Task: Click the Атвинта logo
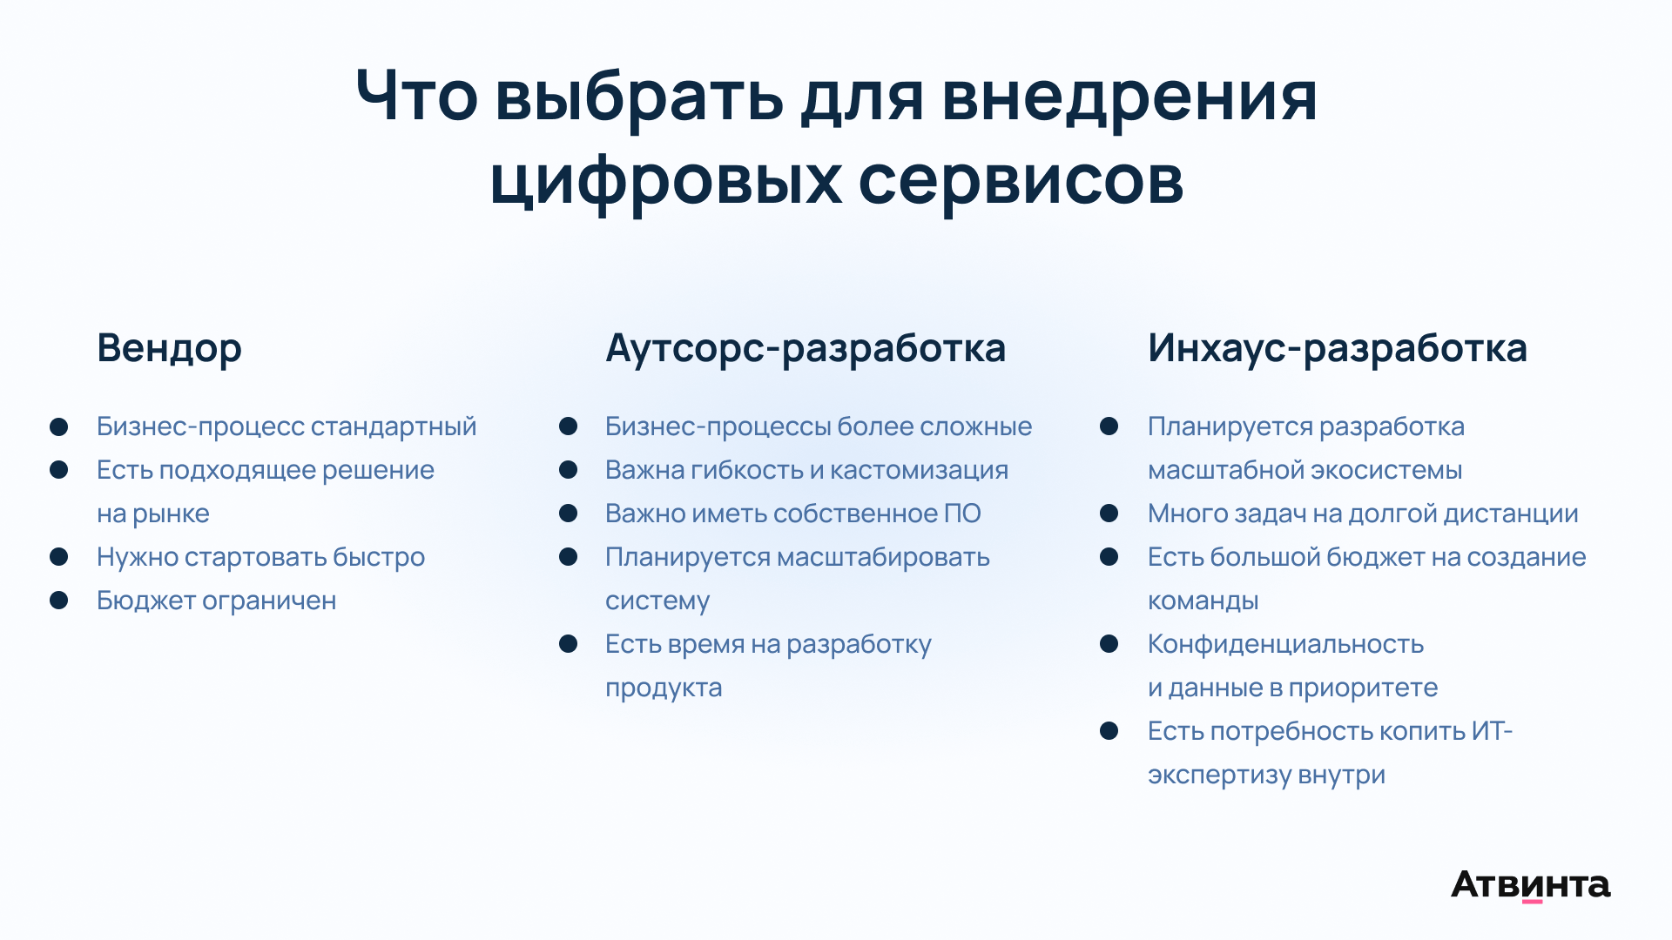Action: [x=1531, y=885]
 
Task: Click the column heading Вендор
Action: [x=169, y=348]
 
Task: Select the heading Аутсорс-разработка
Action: [x=806, y=348]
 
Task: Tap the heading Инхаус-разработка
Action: [x=1338, y=348]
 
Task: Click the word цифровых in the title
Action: [x=666, y=180]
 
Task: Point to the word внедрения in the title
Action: [x=1129, y=97]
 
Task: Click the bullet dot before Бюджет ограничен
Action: [x=59, y=600]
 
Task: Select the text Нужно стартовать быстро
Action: [x=260, y=557]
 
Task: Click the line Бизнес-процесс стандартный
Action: [x=287, y=426]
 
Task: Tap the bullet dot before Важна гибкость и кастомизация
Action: [x=569, y=469]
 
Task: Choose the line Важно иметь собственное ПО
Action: [x=793, y=514]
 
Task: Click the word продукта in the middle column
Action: [x=664, y=688]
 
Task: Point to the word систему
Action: [x=657, y=601]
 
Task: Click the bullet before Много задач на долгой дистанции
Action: [x=1109, y=513]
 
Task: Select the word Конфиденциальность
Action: [x=1285, y=644]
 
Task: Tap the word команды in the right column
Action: [x=1203, y=601]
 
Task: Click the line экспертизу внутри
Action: [x=1266, y=775]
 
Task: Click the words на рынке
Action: [x=153, y=514]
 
